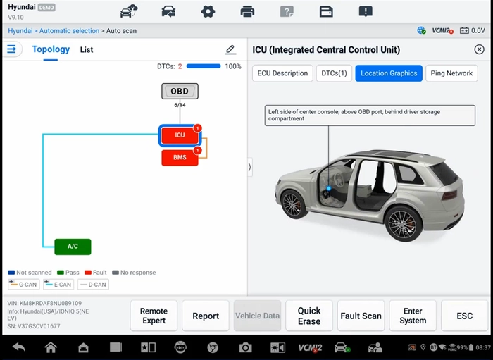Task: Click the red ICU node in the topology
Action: [x=180, y=135]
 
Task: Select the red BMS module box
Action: [x=180, y=158]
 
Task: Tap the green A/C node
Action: [x=73, y=247]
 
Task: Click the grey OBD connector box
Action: [x=180, y=91]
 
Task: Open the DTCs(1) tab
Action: [x=334, y=73]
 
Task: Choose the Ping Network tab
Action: [x=451, y=73]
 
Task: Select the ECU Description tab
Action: [x=282, y=73]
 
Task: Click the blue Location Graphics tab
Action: [x=389, y=73]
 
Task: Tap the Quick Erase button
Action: [x=309, y=316]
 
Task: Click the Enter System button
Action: [x=413, y=316]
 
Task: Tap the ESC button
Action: [x=464, y=316]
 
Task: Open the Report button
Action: [x=206, y=316]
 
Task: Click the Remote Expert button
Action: [x=154, y=316]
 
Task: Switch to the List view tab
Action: [x=87, y=50]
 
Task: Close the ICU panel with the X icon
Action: [x=479, y=49]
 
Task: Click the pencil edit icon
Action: [x=230, y=49]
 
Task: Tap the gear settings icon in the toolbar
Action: [x=208, y=12]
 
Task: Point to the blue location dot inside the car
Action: [x=329, y=188]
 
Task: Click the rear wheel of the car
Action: [x=402, y=224]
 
